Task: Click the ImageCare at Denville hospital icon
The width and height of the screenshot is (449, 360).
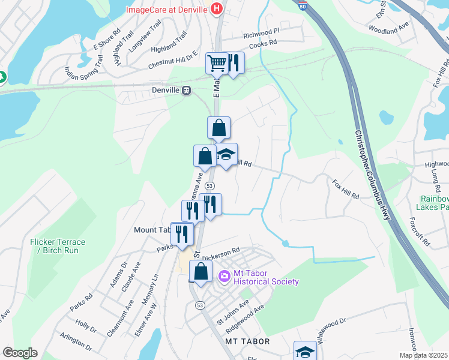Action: (x=217, y=10)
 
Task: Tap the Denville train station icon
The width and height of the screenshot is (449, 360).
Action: (x=187, y=91)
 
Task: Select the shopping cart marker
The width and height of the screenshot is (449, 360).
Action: (x=216, y=63)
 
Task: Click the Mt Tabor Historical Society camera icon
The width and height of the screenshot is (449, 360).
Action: (x=224, y=276)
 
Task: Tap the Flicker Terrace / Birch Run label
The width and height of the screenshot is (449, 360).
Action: (x=58, y=246)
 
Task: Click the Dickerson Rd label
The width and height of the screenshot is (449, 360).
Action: (x=220, y=253)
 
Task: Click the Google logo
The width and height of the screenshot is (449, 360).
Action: (x=20, y=353)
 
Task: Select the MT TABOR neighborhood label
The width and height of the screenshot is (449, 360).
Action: (x=247, y=341)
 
